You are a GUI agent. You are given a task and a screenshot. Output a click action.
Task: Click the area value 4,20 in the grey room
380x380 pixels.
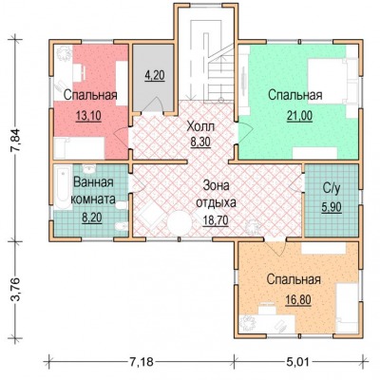(155, 76)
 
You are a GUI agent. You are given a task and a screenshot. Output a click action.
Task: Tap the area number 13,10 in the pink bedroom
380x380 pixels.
(88, 116)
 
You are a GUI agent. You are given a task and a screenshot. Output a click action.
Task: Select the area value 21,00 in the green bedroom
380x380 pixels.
(299, 116)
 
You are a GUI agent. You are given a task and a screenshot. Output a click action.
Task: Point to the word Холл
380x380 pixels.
(200, 126)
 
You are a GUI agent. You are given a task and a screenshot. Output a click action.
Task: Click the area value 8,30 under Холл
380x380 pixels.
(200, 142)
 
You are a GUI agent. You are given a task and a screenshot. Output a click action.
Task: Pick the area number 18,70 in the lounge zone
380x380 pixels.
(216, 220)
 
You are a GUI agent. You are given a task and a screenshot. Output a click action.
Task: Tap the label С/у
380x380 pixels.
(332, 189)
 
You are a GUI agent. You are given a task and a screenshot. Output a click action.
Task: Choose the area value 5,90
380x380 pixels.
(332, 208)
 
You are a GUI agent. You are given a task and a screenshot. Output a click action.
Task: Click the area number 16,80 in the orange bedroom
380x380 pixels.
(297, 299)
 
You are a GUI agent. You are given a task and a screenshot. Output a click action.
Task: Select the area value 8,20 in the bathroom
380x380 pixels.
(92, 218)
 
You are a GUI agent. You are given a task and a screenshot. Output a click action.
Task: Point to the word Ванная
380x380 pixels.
(93, 182)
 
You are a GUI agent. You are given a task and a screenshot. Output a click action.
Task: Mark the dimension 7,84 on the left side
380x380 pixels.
(16, 140)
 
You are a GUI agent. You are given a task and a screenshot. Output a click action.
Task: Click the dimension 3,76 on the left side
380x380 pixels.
(16, 290)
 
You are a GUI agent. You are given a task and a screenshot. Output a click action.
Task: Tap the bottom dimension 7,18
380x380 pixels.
(142, 362)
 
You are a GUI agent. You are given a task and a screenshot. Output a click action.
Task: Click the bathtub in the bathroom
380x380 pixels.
(63, 187)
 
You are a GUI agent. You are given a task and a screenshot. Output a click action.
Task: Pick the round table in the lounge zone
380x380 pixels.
(180, 223)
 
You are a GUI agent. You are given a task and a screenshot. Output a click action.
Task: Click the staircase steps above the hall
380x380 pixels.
(220, 79)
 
